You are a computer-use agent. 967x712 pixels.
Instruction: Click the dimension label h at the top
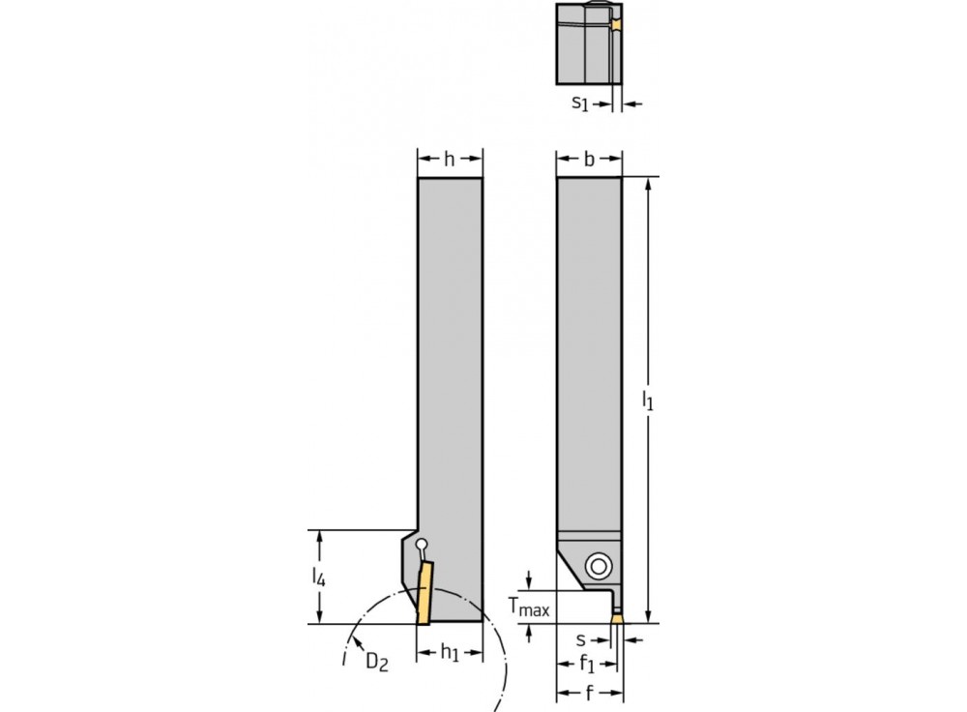[449, 160]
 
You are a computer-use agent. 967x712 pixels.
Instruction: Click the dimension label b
[589, 160]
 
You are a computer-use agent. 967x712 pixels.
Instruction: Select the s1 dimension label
[579, 103]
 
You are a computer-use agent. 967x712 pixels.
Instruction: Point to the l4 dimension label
[318, 578]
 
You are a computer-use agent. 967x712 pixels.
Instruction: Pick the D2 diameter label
[377, 662]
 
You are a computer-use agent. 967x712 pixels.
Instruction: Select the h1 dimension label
[450, 654]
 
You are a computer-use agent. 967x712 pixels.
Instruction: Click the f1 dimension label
[587, 666]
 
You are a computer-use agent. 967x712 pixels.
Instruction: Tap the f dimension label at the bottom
[589, 694]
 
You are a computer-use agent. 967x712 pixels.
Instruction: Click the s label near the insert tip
[580, 639]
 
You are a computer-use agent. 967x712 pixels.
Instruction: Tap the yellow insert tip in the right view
[615, 615]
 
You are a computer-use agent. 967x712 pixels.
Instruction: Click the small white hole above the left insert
[420, 546]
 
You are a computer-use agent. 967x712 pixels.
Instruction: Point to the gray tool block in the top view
[580, 44]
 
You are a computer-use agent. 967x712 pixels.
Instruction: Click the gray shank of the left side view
[450, 368]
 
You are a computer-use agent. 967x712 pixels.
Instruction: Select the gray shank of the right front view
[589, 348]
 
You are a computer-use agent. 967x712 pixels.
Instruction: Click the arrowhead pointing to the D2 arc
[356, 640]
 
